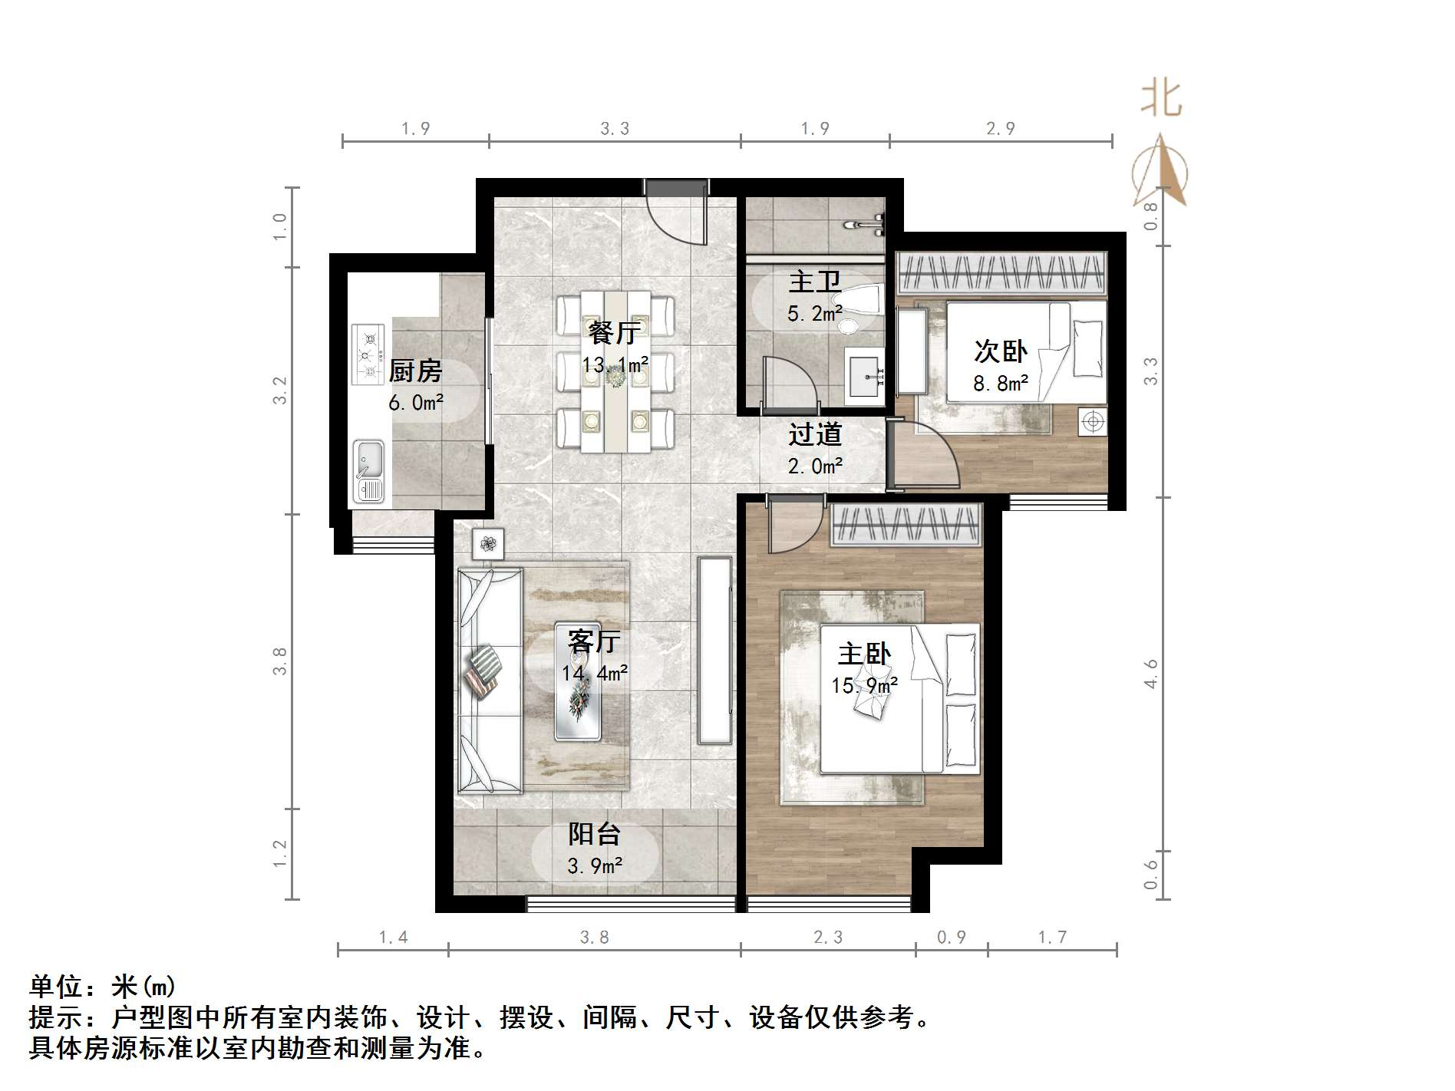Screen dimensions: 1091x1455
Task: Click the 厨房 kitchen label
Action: [x=415, y=371]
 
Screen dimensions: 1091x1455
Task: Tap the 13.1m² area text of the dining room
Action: [x=615, y=365]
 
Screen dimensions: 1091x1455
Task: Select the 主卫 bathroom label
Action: [x=814, y=282]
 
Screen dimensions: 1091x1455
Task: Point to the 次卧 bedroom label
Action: [x=1000, y=351]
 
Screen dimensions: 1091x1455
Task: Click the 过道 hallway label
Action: [x=815, y=435]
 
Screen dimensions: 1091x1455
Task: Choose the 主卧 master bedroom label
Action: [x=864, y=654]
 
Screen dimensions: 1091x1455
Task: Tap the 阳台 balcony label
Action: [x=594, y=834]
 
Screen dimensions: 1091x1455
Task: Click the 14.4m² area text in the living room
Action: [x=595, y=674]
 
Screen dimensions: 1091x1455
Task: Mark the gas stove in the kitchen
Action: [x=368, y=354]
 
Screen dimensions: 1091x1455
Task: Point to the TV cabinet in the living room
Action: [x=715, y=651]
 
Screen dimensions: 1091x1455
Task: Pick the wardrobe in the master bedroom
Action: [x=906, y=525]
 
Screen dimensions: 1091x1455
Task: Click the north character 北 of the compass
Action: [x=1160, y=101]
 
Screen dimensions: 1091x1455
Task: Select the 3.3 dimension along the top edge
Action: [x=615, y=129]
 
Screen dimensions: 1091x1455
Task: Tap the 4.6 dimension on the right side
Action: [x=1150, y=674]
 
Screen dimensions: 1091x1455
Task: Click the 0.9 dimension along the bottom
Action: [x=952, y=938]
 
